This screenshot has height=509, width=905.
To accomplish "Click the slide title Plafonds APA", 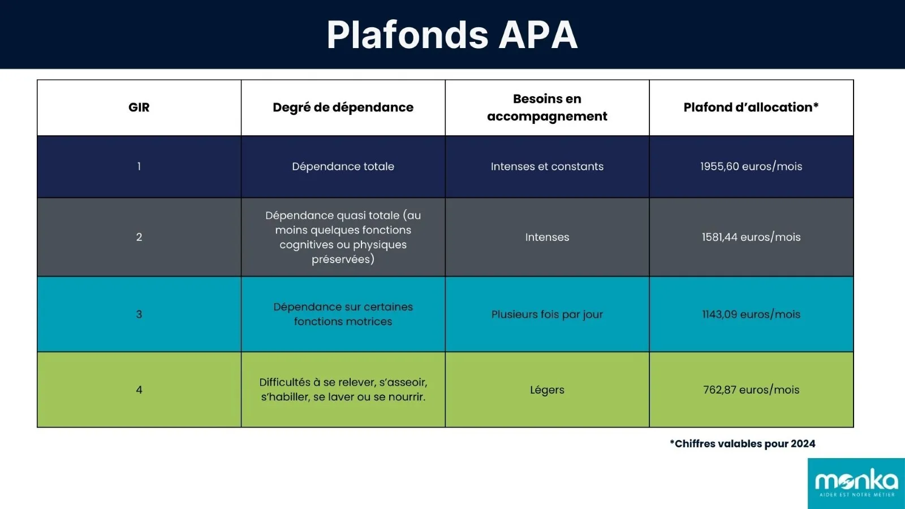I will (x=452, y=35).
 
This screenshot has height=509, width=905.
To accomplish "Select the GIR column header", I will (x=139, y=107).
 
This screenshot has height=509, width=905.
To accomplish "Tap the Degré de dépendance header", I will (x=343, y=107).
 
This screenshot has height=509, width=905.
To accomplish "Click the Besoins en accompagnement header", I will (x=547, y=107).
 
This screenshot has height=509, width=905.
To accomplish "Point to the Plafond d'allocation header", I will (x=751, y=107).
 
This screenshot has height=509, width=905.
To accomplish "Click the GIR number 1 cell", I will (x=139, y=166).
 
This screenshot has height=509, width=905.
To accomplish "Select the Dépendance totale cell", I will (x=343, y=166).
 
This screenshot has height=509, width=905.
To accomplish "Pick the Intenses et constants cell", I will (x=547, y=166).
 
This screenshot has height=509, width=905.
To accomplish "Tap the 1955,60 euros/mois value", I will (x=751, y=166).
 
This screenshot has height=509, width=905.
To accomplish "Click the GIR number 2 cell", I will (x=139, y=237).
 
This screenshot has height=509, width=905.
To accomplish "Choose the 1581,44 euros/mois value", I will (x=751, y=237).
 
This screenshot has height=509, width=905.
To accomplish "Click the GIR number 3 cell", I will (x=139, y=314).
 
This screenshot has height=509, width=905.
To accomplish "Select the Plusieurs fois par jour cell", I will (x=547, y=314).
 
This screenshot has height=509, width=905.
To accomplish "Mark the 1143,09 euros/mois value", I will (x=751, y=314).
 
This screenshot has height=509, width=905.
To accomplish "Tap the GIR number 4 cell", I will (x=139, y=390).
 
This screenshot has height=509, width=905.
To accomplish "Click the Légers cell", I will (x=547, y=390).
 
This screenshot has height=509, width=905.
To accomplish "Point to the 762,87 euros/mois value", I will (x=751, y=390).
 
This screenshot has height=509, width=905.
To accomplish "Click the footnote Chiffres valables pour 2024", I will (x=742, y=444).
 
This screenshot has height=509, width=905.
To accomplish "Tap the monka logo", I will (x=856, y=483).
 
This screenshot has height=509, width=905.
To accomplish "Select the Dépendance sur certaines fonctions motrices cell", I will (x=343, y=314).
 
